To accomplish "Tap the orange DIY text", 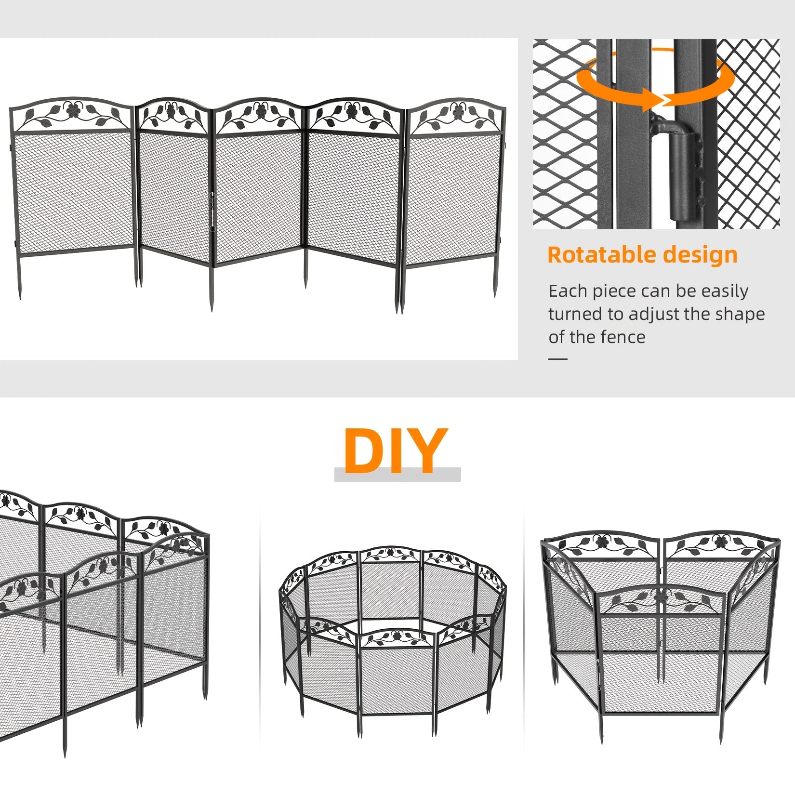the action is click(x=395, y=451).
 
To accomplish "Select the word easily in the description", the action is click(x=725, y=291).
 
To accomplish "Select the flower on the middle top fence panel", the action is click(x=261, y=112).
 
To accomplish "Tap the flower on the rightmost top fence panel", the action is click(x=457, y=112).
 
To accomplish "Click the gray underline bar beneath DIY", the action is click(x=397, y=475).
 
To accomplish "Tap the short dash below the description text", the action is click(x=558, y=359).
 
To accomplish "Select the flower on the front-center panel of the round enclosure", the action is click(x=397, y=636).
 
